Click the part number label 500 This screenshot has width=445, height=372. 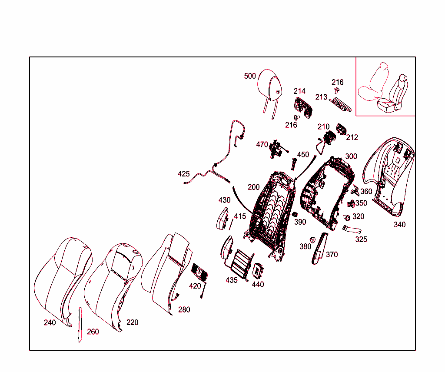[250, 76]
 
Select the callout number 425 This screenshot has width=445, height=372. [183, 174]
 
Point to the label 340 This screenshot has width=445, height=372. [400, 225]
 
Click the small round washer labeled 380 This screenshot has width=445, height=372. [313, 240]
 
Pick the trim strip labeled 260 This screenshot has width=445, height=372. [80, 325]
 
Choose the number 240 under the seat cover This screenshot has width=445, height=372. [50, 322]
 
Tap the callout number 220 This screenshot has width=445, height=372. [132, 322]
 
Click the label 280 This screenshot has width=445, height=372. [184, 309]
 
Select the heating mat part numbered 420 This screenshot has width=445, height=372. [200, 272]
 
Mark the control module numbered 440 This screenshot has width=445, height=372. [258, 271]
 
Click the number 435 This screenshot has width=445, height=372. [231, 280]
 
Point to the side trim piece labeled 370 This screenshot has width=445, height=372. [319, 248]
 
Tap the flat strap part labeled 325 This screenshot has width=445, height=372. [352, 229]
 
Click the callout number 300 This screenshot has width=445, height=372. [351, 156]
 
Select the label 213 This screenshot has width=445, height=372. [321, 97]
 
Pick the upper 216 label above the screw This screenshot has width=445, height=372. [337, 82]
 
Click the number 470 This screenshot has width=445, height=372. [262, 145]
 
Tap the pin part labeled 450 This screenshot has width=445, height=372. [293, 164]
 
